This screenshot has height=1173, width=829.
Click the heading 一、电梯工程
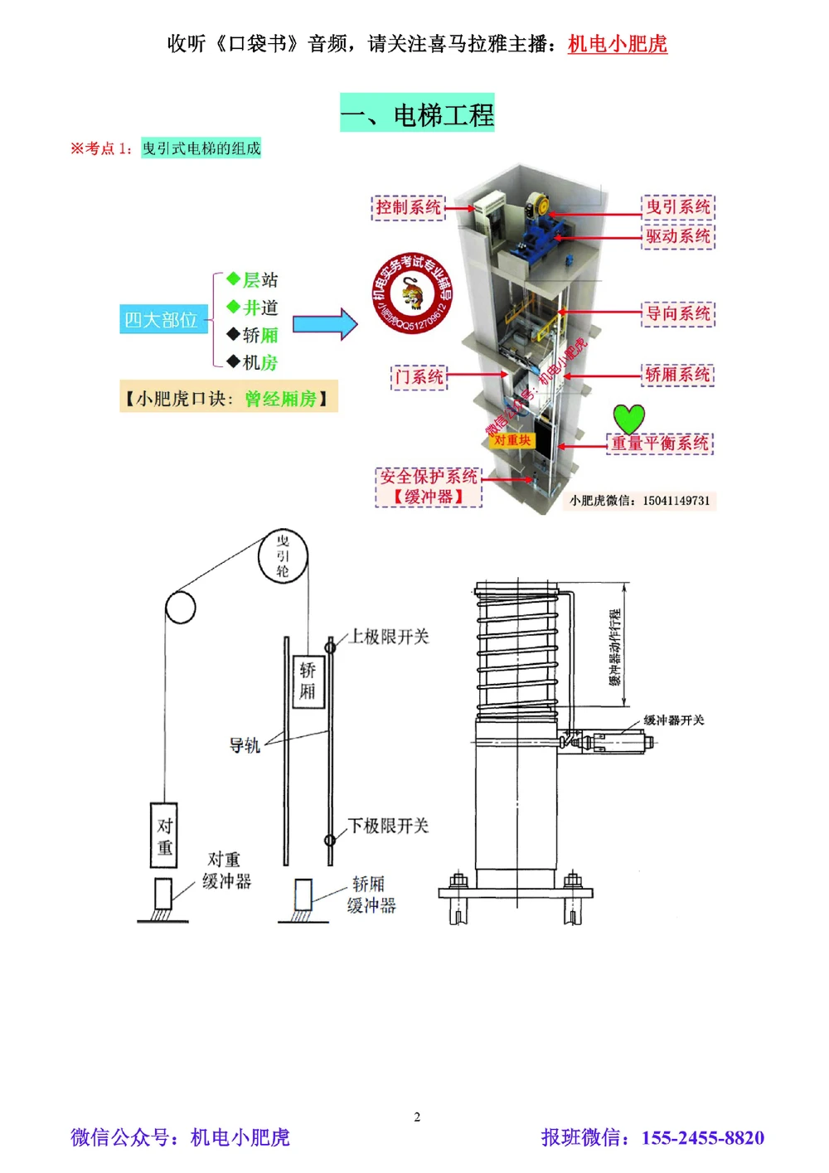pos(417,114)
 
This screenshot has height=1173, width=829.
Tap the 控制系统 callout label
pos(408,207)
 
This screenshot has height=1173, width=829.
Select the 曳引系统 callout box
pos(677,207)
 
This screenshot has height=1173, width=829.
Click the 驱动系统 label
pos(677,236)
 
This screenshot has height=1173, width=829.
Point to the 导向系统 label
pos(677,313)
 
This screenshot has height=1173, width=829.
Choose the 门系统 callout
pos(419,377)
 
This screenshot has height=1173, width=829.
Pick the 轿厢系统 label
pos(677,375)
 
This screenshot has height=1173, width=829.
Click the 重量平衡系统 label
pos(660,444)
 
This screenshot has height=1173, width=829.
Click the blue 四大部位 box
pos(161,320)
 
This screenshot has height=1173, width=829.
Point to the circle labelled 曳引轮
pos(283,555)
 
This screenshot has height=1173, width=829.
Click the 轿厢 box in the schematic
pos(308,681)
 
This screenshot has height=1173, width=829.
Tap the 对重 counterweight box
pos(164,836)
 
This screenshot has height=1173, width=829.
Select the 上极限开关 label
pos(389,637)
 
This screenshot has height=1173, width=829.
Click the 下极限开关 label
pos(388,826)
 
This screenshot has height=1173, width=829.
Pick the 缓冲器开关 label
pos(673,720)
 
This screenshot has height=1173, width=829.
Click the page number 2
pos(417,1117)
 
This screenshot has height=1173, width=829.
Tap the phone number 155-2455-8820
pos(702,1137)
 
